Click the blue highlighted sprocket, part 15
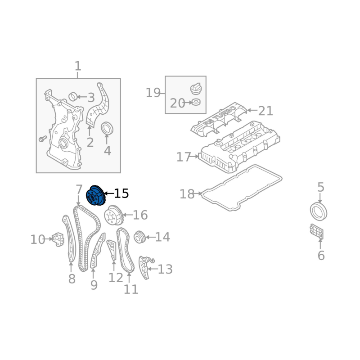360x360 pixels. click(96, 195)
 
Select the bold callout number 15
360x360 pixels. click(121, 193)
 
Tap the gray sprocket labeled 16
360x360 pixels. click(114, 215)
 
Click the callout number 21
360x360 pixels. click(265, 111)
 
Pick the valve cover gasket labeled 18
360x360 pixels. click(241, 188)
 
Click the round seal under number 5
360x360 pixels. click(319, 211)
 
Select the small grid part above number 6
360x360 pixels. click(317, 232)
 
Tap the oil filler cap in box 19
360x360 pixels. click(196, 89)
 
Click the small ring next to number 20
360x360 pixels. click(196, 102)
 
